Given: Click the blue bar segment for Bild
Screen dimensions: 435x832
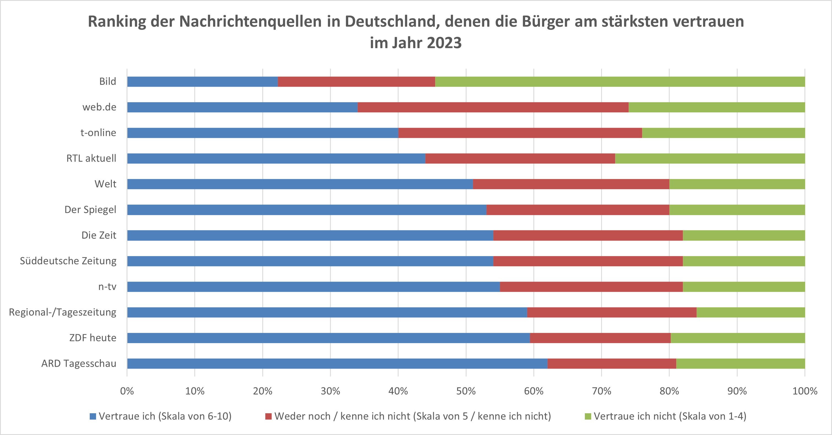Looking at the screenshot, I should point(202,82).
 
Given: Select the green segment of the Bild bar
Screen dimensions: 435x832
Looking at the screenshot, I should point(620,82).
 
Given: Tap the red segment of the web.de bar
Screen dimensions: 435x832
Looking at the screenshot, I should point(493,107).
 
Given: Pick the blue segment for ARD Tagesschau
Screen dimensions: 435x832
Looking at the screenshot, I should point(337,364).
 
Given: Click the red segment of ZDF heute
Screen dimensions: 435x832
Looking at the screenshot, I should point(600,338).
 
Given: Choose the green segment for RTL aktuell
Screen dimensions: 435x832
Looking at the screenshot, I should point(710,159).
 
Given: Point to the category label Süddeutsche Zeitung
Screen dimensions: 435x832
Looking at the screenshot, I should point(68,261).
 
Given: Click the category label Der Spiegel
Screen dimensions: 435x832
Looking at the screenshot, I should point(91,210).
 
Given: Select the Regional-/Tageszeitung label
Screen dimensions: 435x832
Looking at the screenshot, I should point(63,312).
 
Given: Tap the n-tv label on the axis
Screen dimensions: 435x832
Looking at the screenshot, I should point(107,287).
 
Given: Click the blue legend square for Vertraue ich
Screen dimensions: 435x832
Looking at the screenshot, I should point(93,416).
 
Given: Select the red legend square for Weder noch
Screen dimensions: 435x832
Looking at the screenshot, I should point(268,416).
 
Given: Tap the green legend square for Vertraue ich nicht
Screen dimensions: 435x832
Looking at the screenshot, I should point(588,416).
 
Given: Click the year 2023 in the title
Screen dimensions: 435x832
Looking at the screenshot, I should point(444,43).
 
